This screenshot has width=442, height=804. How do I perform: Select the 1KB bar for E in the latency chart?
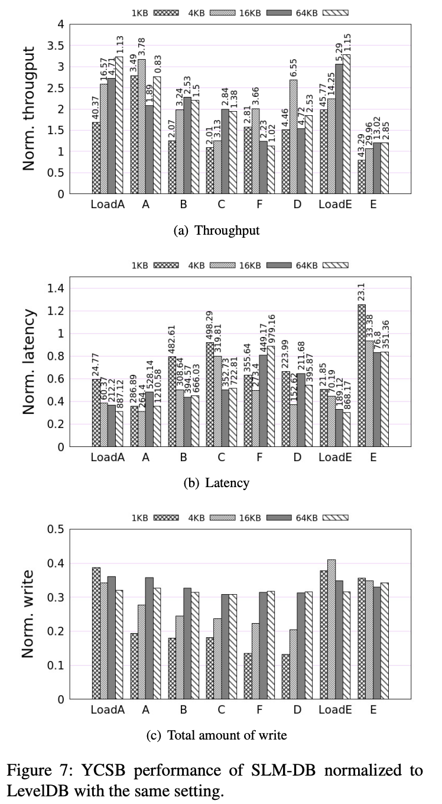click(362, 375)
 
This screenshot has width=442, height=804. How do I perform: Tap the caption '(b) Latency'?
click(216, 483)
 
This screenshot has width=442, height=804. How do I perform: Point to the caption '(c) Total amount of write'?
click(217, 735)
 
